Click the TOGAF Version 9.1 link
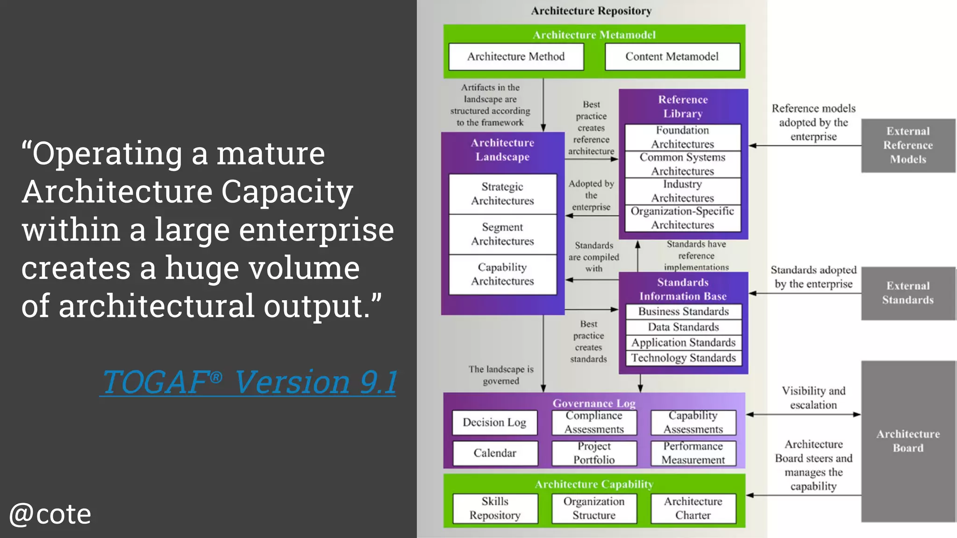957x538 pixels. [249, 382]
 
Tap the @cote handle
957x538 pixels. [50, 514]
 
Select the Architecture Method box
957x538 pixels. [516, 57]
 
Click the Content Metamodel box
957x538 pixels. [672, 57]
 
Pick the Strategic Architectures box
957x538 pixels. [502, 194]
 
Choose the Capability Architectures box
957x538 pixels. [502, 274]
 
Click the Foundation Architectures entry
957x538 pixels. [683, 137]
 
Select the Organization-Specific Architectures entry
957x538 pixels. [683, 218]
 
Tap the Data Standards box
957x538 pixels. [683, 327]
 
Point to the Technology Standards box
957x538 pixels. [683, 358]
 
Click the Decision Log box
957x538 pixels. [494, 422]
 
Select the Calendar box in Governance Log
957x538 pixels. [495, 453]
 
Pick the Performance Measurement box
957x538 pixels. [693, 453]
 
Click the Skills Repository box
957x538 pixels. [495, 508]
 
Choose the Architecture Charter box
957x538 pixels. [693, 508]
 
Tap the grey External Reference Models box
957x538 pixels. [908, 145]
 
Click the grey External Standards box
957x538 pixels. [908, 293]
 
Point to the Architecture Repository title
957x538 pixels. [591, 11]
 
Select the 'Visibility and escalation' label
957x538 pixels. [814, 398]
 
